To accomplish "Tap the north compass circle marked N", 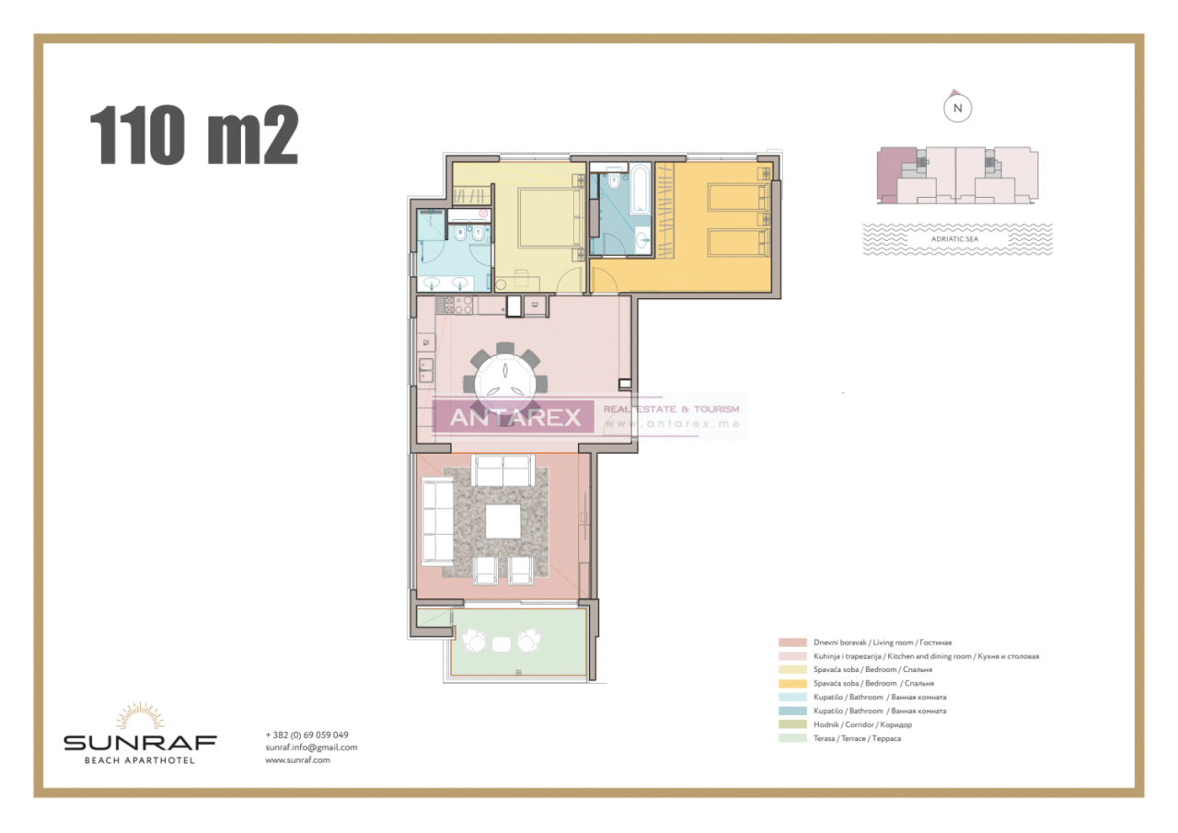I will click(958, 108).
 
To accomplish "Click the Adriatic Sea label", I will click(957, 238).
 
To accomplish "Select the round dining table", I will click(505, 379).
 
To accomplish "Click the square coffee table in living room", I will click(502, 521).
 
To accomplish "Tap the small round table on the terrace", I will click(502, 642).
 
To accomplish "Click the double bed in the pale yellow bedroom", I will click(549, 217).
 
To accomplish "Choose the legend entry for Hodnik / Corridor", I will click(861, 724).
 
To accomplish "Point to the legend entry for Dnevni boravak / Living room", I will click(882, 642).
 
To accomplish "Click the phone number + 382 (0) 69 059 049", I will click(306, 735).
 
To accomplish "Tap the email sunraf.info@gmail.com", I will click(311, 747).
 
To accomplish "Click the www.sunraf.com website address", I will click(297, 760).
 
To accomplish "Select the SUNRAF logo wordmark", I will click(140, 742).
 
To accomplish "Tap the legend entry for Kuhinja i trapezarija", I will click(925, 656).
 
